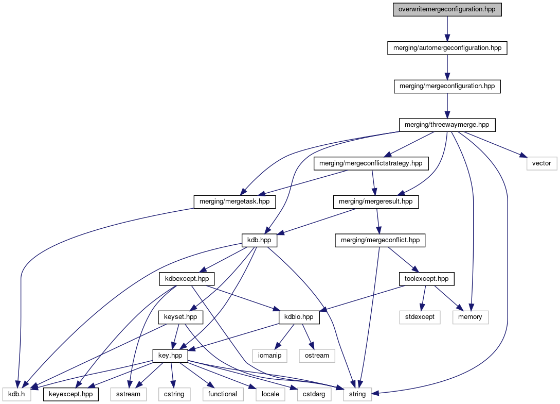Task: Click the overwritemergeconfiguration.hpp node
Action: coord(446,9)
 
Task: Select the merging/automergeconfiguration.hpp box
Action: coord(447,48)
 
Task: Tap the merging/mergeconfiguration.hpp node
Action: coord(447,86)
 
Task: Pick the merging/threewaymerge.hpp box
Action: coord(447,125)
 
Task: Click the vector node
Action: coord(541,163)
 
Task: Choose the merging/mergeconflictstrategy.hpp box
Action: coord(370,163)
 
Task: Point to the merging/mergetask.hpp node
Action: coord(234,202)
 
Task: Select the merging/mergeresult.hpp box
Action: coord(375,202)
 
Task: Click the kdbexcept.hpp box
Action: coord(186,279)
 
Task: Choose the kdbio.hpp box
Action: coord(299,317)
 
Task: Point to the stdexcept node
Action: coord(420,317)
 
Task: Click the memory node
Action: coord(470,317)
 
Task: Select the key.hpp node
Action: coord(171,356)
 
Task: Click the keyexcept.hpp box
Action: coord(71,394)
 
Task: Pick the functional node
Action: coord(223,394)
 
